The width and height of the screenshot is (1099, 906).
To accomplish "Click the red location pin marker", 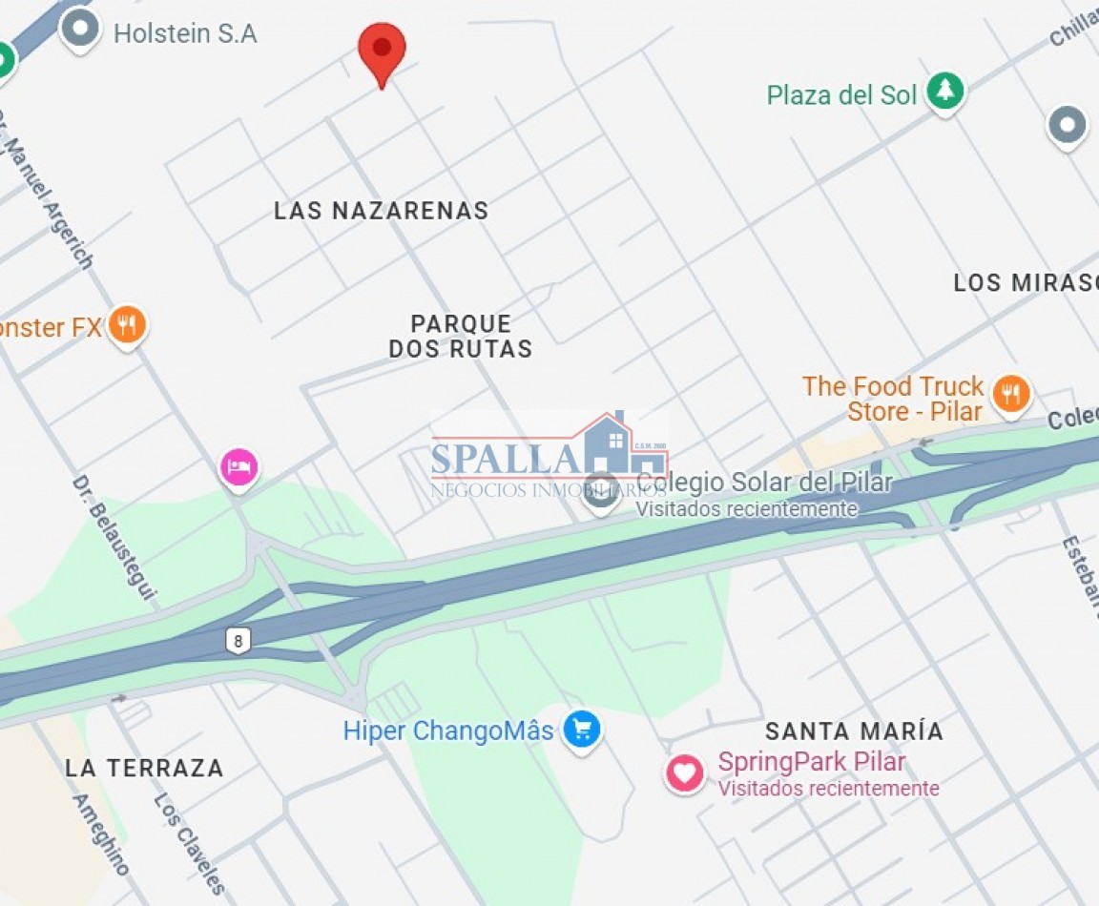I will point(382,50).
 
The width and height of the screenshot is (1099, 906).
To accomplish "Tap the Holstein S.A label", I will point(185,34).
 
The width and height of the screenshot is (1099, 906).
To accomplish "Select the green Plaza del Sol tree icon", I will point(945,91).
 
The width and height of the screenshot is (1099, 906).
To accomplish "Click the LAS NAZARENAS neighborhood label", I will point(381,211).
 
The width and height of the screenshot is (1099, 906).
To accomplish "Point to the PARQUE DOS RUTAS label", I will point(461,337).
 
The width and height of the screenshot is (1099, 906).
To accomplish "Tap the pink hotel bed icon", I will point(238,467).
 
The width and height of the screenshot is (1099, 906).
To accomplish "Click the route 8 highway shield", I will point(238,640).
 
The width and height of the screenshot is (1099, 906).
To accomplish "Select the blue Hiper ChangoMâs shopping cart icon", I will point(581,731).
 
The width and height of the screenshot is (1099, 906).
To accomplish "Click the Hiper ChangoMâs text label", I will point(448,731).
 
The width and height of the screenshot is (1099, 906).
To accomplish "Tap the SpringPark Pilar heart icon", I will point(684,772).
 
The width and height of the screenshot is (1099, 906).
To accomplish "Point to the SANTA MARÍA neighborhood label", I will point(855,731).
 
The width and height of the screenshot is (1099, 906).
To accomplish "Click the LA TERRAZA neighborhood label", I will point(145,768).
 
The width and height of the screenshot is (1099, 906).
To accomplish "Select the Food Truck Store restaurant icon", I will point(1010,393).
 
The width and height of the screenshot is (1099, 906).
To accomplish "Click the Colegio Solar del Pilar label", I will point(764,483).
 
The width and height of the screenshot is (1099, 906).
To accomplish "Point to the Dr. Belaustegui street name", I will point(114,538).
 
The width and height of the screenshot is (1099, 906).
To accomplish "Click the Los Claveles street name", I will point(189,843).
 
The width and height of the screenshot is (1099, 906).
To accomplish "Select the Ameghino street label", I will point(100,834).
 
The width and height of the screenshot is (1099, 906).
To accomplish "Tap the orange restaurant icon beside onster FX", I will point(126,325).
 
